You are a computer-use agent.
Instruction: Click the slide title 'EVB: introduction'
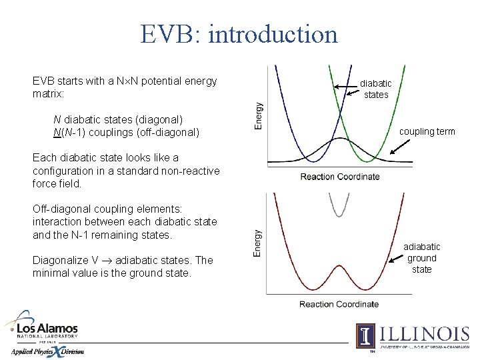coord(239,33)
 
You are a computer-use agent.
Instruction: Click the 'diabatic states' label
coord(376,89)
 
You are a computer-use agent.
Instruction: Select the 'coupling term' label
coord(427,131)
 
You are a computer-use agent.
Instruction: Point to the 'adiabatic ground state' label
coord(421,258)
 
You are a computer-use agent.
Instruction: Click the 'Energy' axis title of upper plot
coord(259,115)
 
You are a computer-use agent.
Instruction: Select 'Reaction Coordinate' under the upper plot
coord(339,177)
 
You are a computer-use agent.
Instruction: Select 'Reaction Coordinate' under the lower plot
coord(339,304)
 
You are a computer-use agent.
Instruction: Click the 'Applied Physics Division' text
coord(47,351)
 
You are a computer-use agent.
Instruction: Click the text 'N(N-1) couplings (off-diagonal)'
coord(126,132)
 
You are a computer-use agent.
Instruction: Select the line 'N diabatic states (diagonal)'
coord(118,119)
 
